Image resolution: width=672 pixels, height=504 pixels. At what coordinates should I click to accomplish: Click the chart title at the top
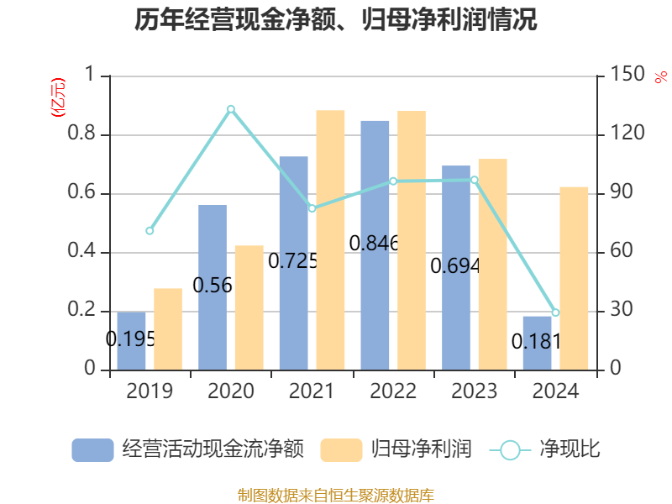(x=336, y=20)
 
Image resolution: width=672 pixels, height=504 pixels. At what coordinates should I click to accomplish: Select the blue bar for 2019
(x=131, y=341)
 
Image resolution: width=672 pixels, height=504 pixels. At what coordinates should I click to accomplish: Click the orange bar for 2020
(x=249, y=307)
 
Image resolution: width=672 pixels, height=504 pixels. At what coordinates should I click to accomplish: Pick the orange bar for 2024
(x=574, y=278)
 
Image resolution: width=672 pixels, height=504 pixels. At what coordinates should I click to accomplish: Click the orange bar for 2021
(x=330, y=240)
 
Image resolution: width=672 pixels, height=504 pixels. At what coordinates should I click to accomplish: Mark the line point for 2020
(x=231, y=108)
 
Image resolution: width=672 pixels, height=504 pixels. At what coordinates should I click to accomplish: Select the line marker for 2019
(x=150, y=231)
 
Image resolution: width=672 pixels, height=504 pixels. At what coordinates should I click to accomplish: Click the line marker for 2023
(x=475, y=180)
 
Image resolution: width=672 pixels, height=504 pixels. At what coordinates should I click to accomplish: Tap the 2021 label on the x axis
(x=312, y=391)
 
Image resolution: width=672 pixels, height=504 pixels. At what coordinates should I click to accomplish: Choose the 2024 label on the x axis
(x=555, y=391)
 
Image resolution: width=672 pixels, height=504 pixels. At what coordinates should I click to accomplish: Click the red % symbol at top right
(x=660, y=77)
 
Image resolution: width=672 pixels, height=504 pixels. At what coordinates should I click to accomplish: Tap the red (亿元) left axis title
(x=58, y=99)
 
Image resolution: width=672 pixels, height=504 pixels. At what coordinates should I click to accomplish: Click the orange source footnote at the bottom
(x=336, y=495)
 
